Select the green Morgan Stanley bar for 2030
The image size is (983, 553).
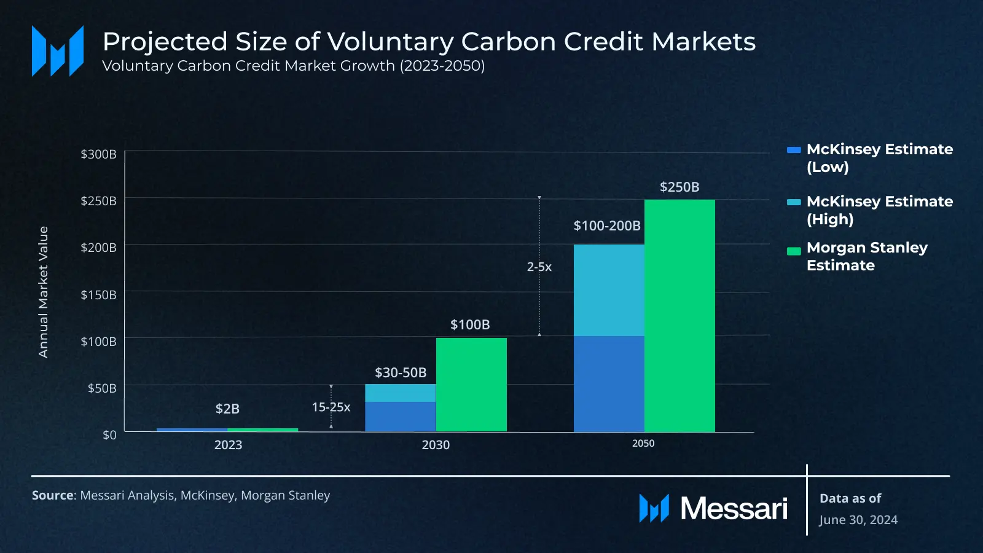pos(471,385)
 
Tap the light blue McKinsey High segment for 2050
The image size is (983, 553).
pos(609,290)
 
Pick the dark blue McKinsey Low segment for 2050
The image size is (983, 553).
pos(609,383)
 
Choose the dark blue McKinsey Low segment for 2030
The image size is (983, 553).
pos(400,417)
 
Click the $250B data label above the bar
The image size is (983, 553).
pos(679,187)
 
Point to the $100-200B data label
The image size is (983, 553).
pos(607,226)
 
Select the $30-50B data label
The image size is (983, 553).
pos(401,372)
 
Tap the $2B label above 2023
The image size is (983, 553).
pos(227,409)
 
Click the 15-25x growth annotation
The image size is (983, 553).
pos(331,407)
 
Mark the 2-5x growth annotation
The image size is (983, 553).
pos(539,267)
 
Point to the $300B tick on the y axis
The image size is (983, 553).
pos(98,154)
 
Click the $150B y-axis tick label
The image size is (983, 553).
pos(98,294)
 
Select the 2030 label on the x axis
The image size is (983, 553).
pos(436,445)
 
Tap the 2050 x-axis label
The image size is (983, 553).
pos(643,444)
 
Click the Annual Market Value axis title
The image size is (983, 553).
pos(43,292)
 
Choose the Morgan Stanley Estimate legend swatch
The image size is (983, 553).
pos(794,251)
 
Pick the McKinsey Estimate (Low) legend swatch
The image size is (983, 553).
pos(794,149)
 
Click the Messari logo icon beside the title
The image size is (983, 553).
pos(58,51)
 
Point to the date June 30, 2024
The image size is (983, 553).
pos(858,520)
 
